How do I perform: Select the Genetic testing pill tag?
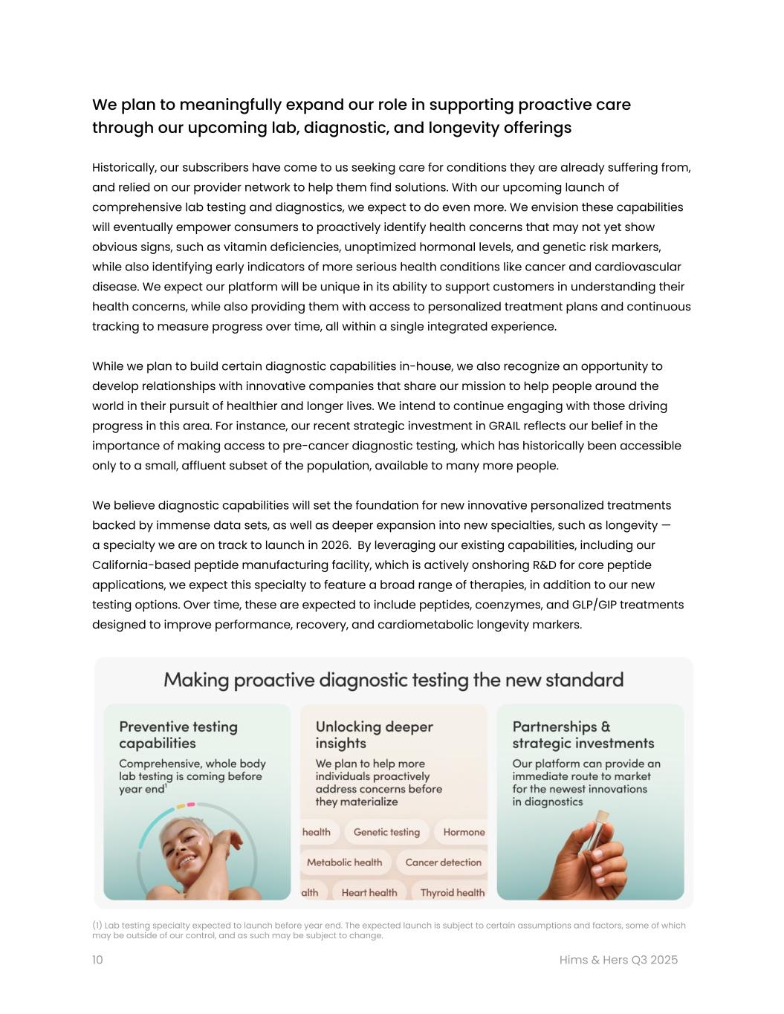386,832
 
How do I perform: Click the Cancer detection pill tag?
443,862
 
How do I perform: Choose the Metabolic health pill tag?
344,862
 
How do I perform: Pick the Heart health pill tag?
369,892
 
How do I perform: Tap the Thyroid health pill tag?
452,892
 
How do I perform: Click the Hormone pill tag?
463,832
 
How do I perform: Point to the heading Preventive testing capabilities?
178,735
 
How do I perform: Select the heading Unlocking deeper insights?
374,735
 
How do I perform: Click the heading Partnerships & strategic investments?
583,735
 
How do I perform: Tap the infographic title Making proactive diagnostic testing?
393,680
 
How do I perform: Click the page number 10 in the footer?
97,960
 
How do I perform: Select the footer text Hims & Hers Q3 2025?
618,960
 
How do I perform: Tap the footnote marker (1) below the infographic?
97,925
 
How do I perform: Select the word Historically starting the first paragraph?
124,167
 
